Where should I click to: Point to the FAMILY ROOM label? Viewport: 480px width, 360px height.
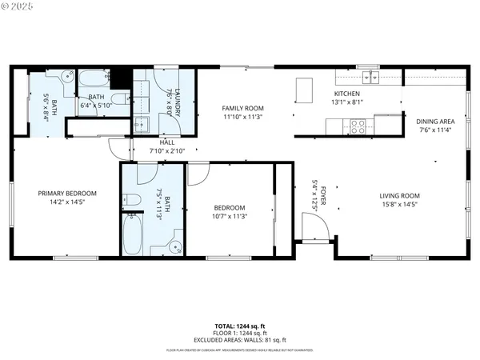pos(242,108)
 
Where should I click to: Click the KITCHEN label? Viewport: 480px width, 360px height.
pos(346,93)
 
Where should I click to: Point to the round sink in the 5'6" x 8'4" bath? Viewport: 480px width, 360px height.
pos(67,78)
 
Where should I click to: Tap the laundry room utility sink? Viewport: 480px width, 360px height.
pos(141,124)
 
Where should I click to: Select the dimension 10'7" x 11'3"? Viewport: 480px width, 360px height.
pos(229,216)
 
